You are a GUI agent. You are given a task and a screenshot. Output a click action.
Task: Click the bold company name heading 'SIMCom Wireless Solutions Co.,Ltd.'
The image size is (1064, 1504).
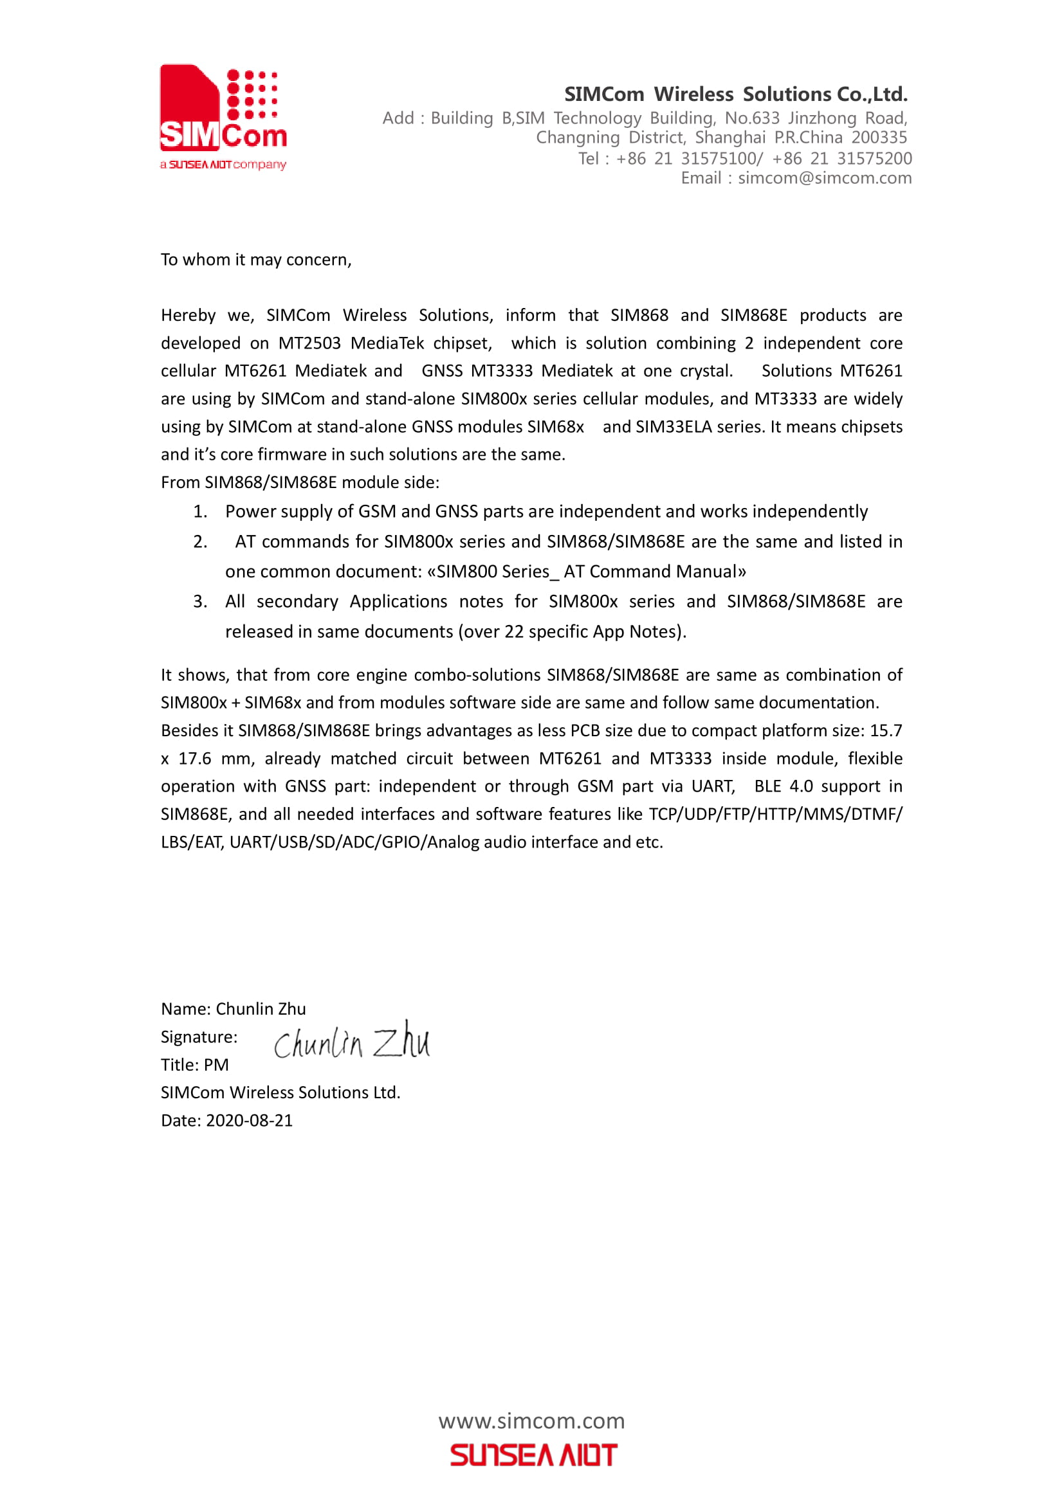pyautogui.click(x=736, y=95)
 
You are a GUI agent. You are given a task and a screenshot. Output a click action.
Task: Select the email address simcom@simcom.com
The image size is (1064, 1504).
pyautogui.click(x=824, y=178)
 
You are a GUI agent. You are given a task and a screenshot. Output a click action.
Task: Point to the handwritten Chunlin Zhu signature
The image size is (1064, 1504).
pyautogui.click(x=352, y=1042)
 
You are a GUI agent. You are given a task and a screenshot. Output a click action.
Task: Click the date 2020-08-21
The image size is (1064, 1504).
pyautogui.click(x=250, y=1120)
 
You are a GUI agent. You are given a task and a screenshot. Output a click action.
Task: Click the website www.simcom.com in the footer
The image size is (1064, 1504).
pyautogui.click(x=531, y=1422)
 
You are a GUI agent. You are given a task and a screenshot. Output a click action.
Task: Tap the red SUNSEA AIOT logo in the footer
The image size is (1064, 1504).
pyautogui.click(x=533, y=1455)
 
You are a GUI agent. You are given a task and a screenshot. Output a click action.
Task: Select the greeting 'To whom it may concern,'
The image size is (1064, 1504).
pyautogui.click(x=256, y=260)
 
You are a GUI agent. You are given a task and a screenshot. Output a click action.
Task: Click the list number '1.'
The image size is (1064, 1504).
pyautogui.click(x=201, y=512)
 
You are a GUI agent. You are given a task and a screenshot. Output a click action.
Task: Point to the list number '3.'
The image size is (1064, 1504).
pyautogui.click(x=201, y=601)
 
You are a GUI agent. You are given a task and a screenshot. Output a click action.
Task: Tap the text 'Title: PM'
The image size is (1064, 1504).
pyautogui.click(x=194, y=1065)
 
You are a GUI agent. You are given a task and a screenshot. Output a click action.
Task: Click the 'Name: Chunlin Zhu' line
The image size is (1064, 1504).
pyautogui.click(x=234, y=1009)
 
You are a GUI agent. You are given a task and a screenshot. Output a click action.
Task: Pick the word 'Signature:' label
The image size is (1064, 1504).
pyautogui.click(x=199, y=1037)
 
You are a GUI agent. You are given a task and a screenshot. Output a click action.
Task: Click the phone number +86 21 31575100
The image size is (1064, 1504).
pyautogui.click(x=687, y=159)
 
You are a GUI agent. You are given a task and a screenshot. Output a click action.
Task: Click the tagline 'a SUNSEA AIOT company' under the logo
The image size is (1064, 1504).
pyautogui.click(x=223, y=165)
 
